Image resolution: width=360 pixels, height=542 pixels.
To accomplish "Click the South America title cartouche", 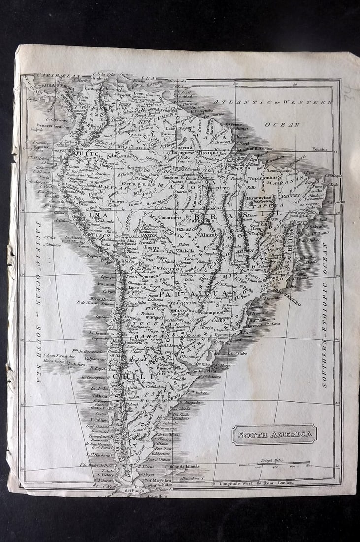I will (x=274, y=434).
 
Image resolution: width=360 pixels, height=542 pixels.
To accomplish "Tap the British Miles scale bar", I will (x=274, y=464).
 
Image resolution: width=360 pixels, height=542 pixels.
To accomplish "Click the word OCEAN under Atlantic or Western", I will (x=282, y=124).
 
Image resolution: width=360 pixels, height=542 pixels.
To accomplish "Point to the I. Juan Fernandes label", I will (x=55, y=355).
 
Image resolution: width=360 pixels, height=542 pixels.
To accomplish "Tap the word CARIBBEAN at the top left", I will (x=52, y=76).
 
